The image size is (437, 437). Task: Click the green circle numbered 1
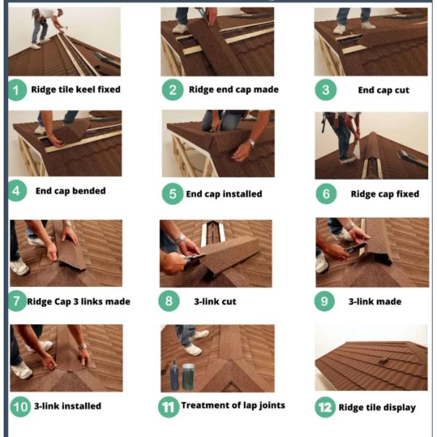point(17,90)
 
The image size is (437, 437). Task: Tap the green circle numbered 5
point(173,194)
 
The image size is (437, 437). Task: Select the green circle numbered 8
point(169,302)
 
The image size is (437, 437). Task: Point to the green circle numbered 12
point(326,407)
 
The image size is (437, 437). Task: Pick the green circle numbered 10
point(20,406)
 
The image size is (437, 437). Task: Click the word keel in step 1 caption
point(85,90)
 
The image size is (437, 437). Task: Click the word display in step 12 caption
point(399,408)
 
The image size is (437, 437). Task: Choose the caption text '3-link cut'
point(215,302)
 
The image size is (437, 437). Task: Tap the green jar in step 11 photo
point(189,377)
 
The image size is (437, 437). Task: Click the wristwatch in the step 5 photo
point(252,143)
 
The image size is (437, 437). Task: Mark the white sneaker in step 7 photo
point(19,267)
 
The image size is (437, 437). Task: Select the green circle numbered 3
point(326,90)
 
